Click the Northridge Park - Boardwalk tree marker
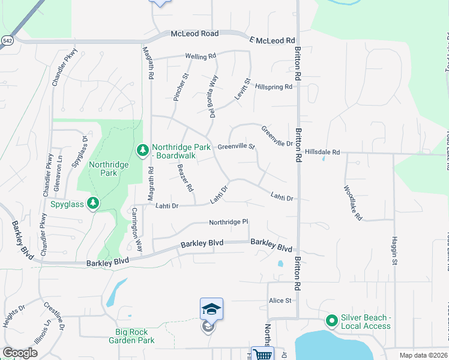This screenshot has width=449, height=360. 142,151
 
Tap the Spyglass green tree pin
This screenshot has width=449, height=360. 92,203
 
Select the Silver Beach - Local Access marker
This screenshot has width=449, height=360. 331,321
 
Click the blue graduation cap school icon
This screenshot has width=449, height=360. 211,308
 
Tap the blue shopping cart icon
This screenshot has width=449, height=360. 263,354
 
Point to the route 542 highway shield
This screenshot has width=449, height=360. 7,40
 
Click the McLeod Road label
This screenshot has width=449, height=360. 194,34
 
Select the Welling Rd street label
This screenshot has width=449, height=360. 200,56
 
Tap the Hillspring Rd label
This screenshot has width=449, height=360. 273,86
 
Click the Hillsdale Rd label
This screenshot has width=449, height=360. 324,152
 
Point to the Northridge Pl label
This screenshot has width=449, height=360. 228,223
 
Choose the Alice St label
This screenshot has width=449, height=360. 280,301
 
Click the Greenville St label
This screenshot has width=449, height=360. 236,146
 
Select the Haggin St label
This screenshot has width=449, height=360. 395,251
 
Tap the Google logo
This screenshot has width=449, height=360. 20,353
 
